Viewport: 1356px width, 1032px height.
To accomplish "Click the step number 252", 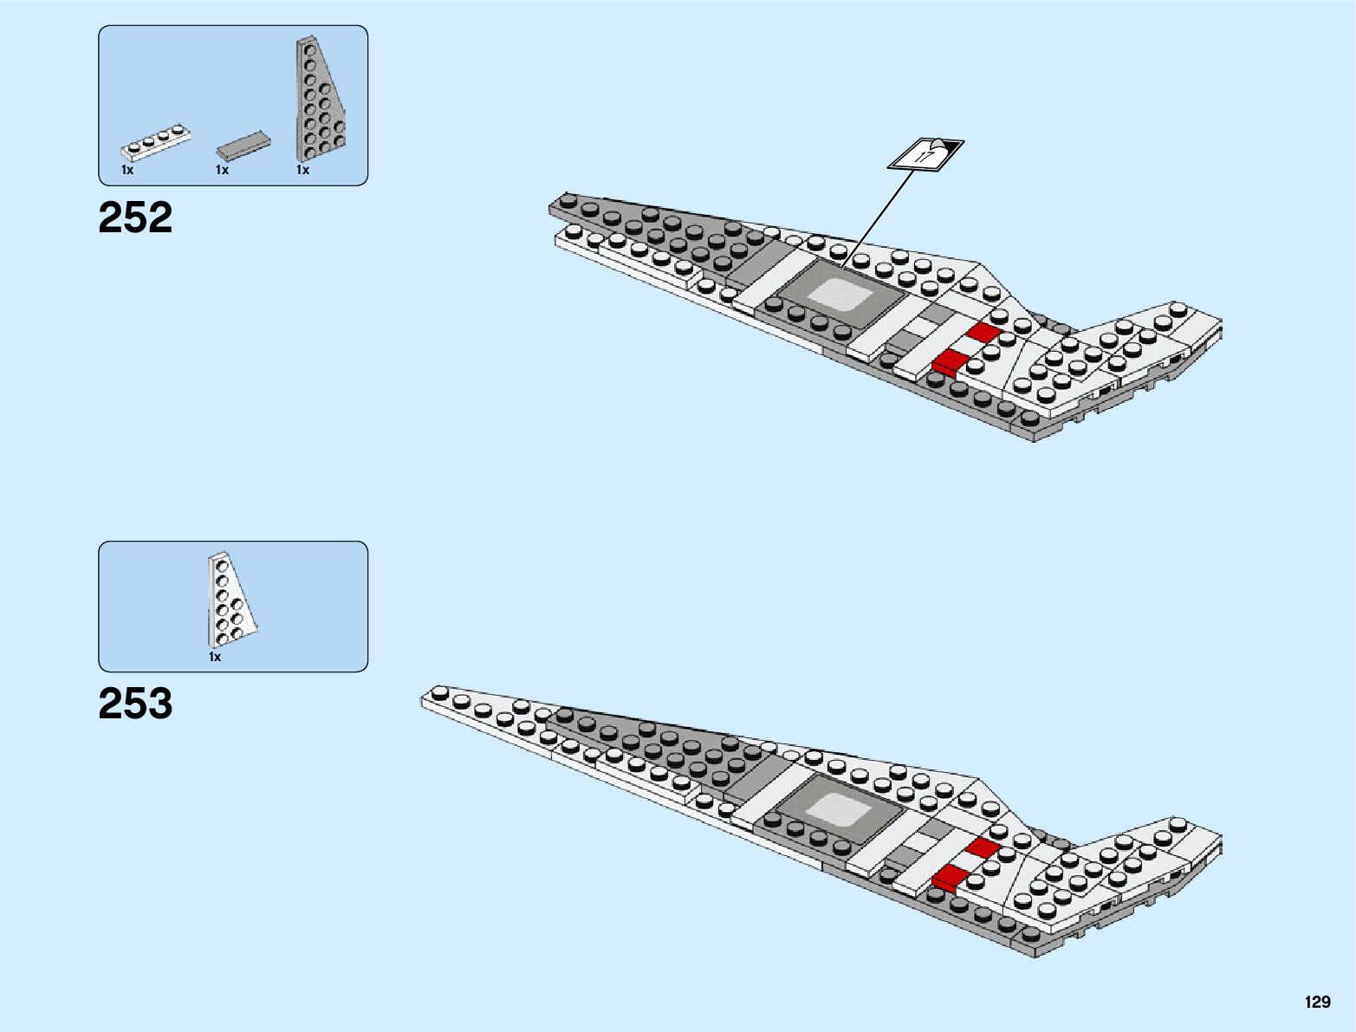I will point(135,217).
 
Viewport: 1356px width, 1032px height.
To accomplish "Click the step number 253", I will point(135,704).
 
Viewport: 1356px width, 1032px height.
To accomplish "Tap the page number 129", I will point(1317,1003).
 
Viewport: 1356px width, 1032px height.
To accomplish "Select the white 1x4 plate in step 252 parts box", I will point(156,143).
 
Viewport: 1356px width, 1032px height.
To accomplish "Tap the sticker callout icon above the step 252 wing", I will point(925,155).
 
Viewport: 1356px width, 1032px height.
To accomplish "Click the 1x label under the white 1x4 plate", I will point(127,171).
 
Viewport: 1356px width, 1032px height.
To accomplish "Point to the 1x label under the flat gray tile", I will point(222,171).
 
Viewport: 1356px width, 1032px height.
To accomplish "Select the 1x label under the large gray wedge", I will point(302,171).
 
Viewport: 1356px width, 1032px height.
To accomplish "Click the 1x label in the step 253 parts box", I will point(215,658).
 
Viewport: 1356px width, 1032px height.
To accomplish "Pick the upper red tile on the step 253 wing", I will point(983,847).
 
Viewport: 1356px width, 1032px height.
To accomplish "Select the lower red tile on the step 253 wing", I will point(950,876).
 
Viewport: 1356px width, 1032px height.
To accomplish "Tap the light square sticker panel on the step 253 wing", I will point(840,810).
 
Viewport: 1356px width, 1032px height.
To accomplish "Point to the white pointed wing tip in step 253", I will point(451,699).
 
